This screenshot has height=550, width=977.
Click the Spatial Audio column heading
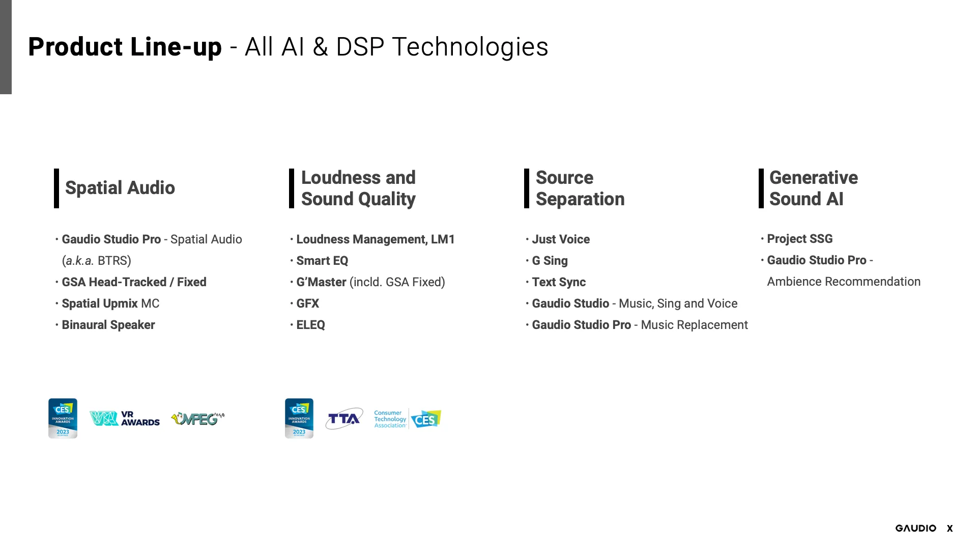click(120, 188)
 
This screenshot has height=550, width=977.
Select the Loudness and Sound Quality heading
click(358, 188)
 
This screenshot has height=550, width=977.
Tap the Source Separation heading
click(580, 188)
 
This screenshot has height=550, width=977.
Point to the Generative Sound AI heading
click(814, 188)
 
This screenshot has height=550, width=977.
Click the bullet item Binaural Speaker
click(108, 325)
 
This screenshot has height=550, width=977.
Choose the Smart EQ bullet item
click(322, 261)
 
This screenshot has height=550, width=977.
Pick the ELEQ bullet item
click(310, 325)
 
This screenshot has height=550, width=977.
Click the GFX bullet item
click(307, 304)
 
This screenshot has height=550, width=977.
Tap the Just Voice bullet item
click(561, 239)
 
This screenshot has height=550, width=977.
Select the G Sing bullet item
click(550, 261)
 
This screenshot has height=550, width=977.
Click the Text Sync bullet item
click(559, 282)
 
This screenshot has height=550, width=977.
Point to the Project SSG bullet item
click(800, 239)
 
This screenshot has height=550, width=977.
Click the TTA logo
click(344, 419)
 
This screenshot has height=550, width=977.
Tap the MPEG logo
click(198, 419)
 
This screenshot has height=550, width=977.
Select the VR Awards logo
click(125, 419)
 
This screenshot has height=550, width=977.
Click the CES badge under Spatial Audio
click(63, 418)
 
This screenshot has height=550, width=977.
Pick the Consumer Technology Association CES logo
click(408, 419)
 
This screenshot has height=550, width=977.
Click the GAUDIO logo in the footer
click(916, 528)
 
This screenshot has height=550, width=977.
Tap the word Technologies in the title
click(470, 47)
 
